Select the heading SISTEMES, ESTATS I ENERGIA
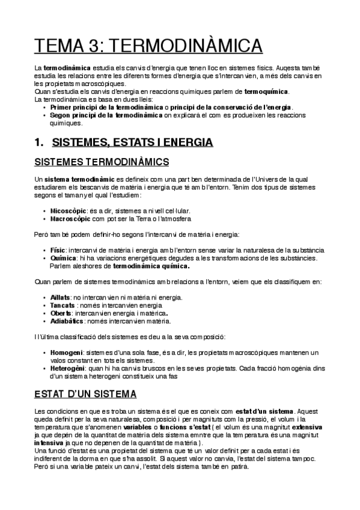pos(132,143)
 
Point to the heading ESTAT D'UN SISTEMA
pos(85,394)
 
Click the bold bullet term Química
pos(63,257)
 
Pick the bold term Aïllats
pos(61,298)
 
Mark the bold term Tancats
pos(63,305)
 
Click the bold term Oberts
pos(61,313)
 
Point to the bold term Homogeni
pos(67,352)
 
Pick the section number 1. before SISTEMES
pos(40,143)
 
